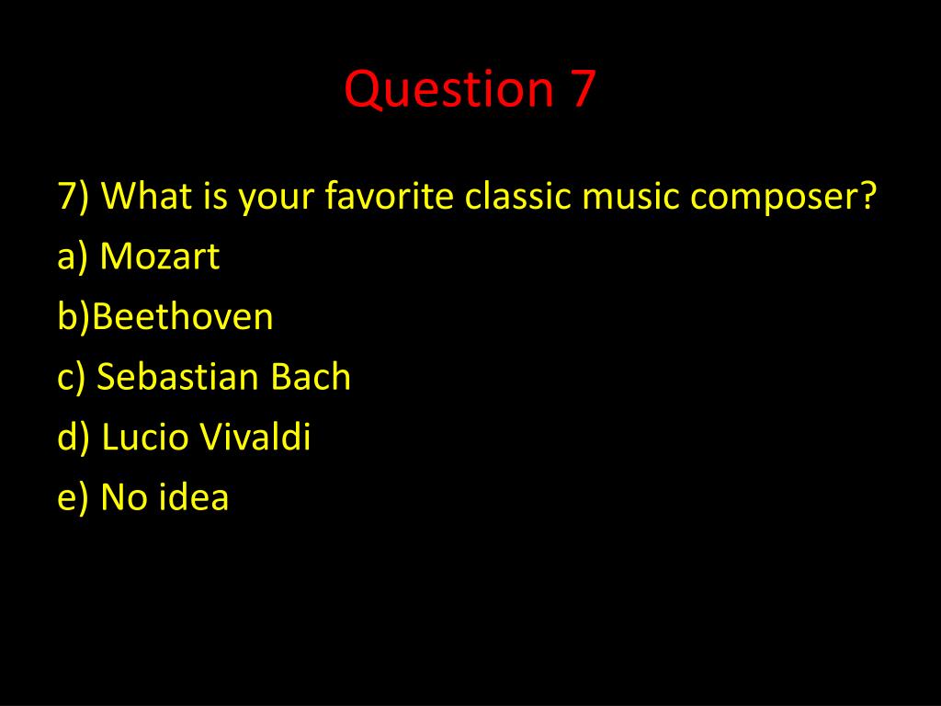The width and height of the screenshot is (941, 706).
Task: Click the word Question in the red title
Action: (448, 90)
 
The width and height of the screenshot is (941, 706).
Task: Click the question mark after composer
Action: (865, 195)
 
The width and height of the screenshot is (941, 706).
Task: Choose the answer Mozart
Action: (160, 256)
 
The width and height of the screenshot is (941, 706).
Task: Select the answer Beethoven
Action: (183, 315)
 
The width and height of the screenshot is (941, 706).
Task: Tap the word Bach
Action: (311, 376)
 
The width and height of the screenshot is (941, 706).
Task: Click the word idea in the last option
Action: (193, 495)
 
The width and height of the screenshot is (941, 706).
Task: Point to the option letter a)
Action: (72, 257)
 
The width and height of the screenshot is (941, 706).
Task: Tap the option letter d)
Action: (73, 437)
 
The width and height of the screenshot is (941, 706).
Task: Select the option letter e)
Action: (73, 497)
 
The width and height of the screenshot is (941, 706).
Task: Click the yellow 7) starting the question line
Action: (74, 197)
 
